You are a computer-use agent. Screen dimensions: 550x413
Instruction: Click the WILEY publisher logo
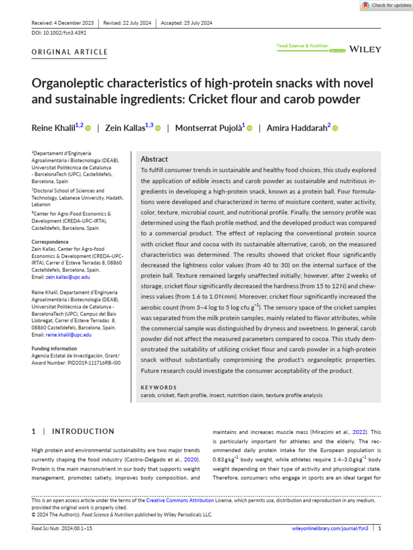coord(365,49)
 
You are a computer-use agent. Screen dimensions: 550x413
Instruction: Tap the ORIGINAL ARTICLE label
coord(70,52)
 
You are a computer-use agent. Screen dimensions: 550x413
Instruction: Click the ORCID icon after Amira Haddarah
coord(334,128)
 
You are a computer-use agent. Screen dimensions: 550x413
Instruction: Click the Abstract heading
coord(154,159)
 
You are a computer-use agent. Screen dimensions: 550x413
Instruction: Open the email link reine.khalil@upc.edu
coord(69,335)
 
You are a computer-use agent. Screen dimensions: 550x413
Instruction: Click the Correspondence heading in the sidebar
coord(50,242)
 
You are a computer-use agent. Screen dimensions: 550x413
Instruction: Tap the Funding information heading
coord(54,349)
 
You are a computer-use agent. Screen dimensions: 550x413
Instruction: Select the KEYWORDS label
coord(159,387)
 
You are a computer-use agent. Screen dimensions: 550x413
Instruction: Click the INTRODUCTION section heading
coord(83,431)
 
